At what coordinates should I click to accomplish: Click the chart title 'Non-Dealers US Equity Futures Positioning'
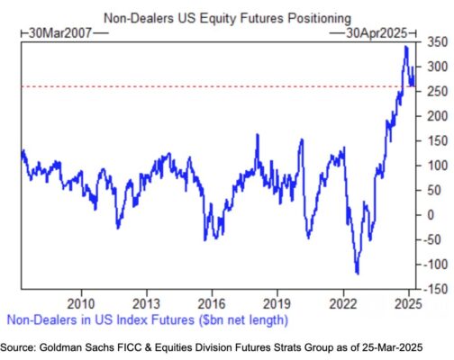click(227, 18)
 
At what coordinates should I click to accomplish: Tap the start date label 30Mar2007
click(60, 33)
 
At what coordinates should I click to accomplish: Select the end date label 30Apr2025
click(377, 33)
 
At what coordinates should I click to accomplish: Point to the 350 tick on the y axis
click(437, 42)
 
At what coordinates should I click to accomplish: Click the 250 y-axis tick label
click(437, 92)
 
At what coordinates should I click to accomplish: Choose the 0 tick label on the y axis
click(431, 215)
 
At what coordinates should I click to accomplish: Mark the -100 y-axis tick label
click(435, 265)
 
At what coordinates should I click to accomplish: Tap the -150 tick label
click(435, 289)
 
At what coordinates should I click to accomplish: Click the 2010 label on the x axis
click(81, 304)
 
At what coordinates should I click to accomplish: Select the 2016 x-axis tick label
click(212, 304)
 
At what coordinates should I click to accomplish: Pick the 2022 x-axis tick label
click(343, 304)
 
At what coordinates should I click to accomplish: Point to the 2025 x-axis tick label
click(408, 304)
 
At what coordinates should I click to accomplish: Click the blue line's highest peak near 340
click(406, 47)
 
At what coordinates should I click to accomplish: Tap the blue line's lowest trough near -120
click(358, 274)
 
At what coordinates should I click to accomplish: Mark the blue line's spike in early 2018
click(258, 135)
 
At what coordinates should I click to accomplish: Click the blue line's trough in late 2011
click(118, 229)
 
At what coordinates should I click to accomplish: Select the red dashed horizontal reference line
click(218, 86)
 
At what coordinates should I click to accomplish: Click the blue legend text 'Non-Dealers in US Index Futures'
click(101, 319)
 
